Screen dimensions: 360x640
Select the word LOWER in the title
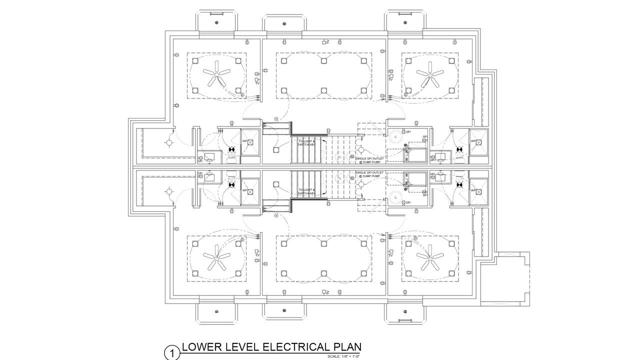pyautogui.click(x=200, y=347)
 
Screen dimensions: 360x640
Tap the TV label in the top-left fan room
pyautogui.click(x=257, y=82)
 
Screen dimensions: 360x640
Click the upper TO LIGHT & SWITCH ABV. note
pyautogui.click(x=307, y=143)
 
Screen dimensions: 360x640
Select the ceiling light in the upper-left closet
pyautogui.click(x=169, y=143)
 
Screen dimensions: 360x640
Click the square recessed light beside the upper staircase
pyautogui.click(x=275, y=149)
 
